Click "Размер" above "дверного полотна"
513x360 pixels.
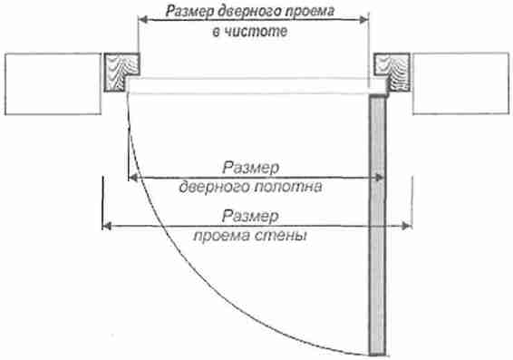pyautogui.click(x=251, y=169)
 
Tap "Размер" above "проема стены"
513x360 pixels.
pyautogui.click(x=251, y=217)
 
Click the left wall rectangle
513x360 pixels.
pyautogui.click(x=53, y=83)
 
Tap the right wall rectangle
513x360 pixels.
pyautogui.click(x=461, y=83)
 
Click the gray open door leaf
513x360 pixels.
pyautogui.click(x=378, y=225)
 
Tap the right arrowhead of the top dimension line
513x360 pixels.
pyautogui.click(x=364, y=20)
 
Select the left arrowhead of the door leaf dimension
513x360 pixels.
pyautogui.click(x=133, y=178)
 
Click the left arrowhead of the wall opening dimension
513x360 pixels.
pyautogui.click(x=107, y=226)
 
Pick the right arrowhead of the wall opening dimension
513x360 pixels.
pyautogui.click(x=407, y=226)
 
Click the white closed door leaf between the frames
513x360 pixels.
pyautogui.click(x=256, y=86)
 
